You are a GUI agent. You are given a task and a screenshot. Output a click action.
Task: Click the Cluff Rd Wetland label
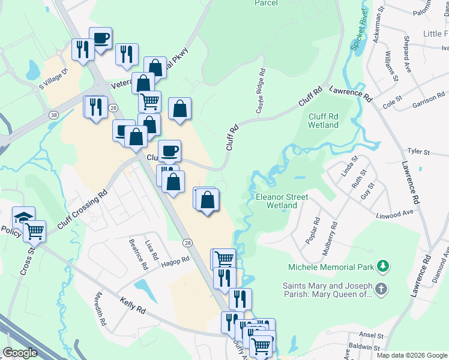click(x=323, y=121)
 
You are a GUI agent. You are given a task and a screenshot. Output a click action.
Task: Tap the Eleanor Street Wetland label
click(x=282, y=201)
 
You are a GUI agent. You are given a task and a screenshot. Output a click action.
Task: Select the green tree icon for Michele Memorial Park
click(x=382, y=266)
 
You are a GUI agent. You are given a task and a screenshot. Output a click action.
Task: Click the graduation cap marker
click(x=23, y=217)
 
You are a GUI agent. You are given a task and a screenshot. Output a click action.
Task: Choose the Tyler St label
click(x=419, y=152)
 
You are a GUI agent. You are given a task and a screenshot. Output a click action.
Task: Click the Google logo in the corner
click(x=20, y=353)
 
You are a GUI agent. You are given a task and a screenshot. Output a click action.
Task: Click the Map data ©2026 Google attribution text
click(x=411, y=355)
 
